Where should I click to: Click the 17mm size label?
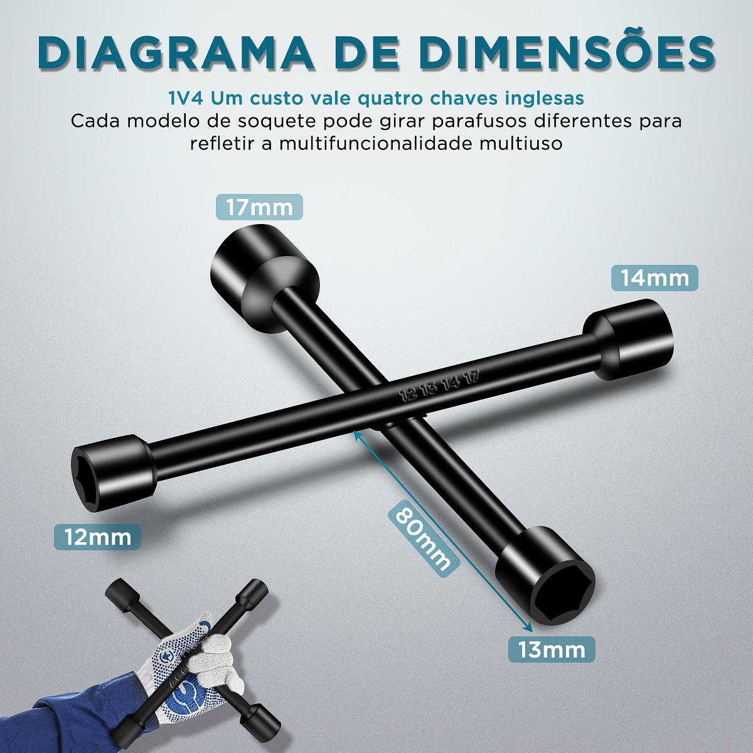click(x=259, y=207)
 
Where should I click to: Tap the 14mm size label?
click(x=654, y=278)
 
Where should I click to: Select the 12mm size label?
click(x=98, y=537)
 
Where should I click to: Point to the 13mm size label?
click(x=552, y=650)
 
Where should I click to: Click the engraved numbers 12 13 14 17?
click(x=440, y=386)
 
